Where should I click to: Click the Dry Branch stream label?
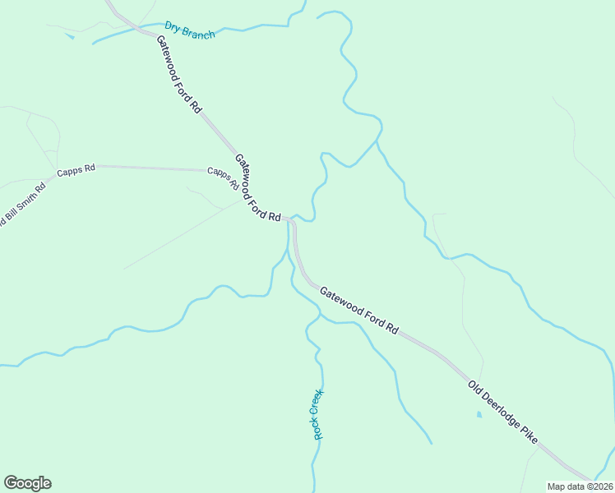click(x=189, y=30)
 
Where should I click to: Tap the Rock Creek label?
click(x=317, y=413)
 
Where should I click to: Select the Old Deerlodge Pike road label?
click(x=503, y=412)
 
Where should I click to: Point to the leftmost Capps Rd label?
click(x=76, y=171)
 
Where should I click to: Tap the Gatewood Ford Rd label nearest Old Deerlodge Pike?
click(x=358, y=310)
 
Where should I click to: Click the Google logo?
click(x=27, y=483)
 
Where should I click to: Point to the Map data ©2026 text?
click(x=580, y=486)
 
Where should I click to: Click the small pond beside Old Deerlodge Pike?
click(x=479, y=414)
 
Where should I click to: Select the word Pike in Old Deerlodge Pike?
click(x=528, y=434)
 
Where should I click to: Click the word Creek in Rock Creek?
click(x=317, y=402)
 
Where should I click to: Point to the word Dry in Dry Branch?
click(x=172, y=27)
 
